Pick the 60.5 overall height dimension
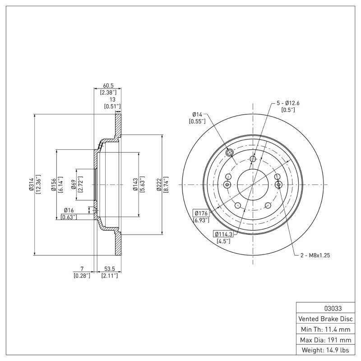pos(108,85)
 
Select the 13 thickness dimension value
pos(112,100)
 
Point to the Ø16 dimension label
pos(69,210)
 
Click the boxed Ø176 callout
pos(201,213)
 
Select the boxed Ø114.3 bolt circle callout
pos(223,234)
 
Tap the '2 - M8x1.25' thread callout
pos(315,255)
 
